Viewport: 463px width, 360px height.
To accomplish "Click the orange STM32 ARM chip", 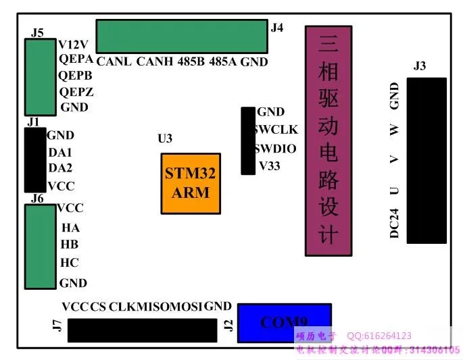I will tap(191, 183).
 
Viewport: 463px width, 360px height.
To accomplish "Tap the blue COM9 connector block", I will tap(284, 322).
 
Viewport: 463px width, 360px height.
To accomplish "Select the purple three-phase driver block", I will tap(328, 140).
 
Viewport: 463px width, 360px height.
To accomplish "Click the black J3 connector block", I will tap(426, 160).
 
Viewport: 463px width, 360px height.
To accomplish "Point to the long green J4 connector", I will tap(181, 37).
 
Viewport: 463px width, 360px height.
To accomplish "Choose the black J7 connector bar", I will tap(138, 330).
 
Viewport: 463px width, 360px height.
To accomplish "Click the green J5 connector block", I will tap(41, 77).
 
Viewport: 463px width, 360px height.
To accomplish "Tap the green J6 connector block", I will tap(41, 247).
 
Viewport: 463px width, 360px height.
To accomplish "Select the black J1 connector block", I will tap(35, 160).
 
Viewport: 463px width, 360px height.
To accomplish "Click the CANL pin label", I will tap(114, 62).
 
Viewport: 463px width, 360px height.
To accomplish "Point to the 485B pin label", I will tap(191, 62).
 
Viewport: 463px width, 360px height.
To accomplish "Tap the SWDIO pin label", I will tap(276, 148).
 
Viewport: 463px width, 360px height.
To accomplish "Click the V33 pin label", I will tap(270, 165).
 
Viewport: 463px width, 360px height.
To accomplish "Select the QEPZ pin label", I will tap(76, 92).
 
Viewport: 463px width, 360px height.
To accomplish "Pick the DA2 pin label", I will tap(60, 168).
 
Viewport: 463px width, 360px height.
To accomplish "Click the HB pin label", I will tap(70, 245).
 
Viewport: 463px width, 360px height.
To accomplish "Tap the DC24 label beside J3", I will tap(394, 223).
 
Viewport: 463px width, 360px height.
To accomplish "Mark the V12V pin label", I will tap(73, 45).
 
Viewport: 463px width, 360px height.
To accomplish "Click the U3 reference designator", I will tap(165, 139).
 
